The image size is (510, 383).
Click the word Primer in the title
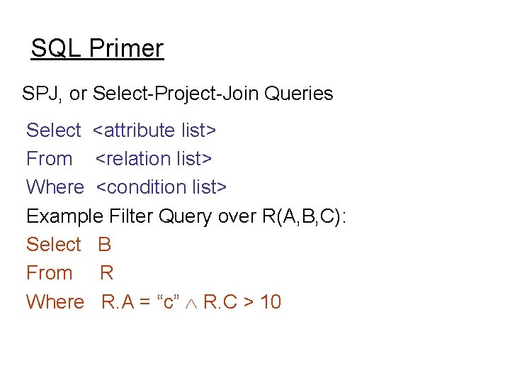[x=127, y=49]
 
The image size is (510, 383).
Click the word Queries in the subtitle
[x=297, y=94]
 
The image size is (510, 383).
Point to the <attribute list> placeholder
[x=154, y=131]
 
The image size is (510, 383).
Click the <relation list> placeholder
[x=154, y=159]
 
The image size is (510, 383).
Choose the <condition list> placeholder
[x=161, y=187]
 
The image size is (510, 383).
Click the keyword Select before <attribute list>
[x=53, y=131]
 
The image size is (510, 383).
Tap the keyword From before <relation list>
[x=49, y=159]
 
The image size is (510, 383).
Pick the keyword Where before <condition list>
[x=55, y=187]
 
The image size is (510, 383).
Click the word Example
[x=65, y=216]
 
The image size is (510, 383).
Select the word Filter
[x=131, y=216]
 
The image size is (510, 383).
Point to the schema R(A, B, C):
[x=304, y=216]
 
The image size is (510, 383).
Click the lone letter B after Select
[x=105, y=245]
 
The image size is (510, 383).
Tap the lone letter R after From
[x=107, y=273]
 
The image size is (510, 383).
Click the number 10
[x=271, y=302]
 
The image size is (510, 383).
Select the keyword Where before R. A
[x=55, y=302]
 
